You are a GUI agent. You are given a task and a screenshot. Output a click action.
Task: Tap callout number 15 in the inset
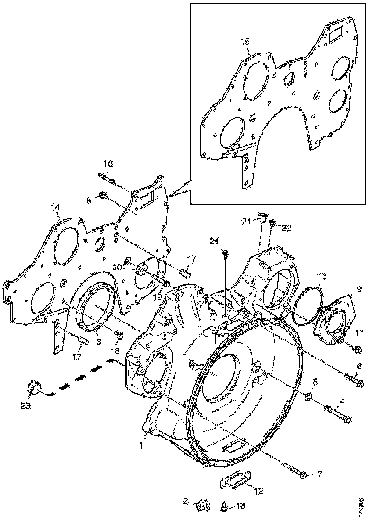[x=244, y=42]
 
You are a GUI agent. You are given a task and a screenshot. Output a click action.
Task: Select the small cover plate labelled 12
[x=237, y=483]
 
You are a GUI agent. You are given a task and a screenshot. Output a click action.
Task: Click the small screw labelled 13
[x=224, y=506]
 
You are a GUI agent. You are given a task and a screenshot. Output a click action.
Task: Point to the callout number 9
[x=358, y=288]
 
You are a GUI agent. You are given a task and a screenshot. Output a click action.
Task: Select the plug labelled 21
[x=260, y=218]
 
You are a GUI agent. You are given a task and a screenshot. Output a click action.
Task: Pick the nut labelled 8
[x=103, y=195]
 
